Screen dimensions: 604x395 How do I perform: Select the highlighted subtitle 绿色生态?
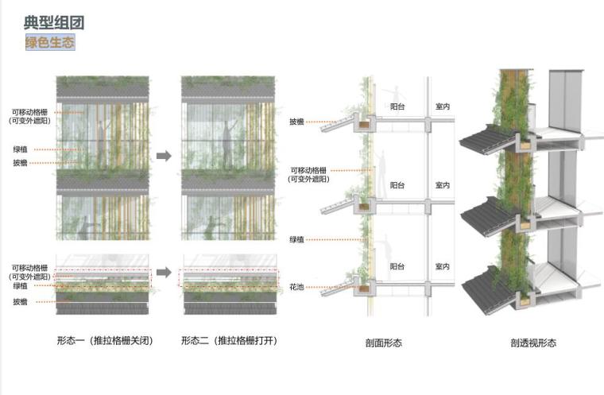[x=50, y=42]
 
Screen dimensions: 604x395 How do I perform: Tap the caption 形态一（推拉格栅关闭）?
[x=104, y=341]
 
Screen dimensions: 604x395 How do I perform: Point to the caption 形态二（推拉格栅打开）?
[x=229, y=341]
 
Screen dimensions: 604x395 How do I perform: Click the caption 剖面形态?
[x=384, y=343]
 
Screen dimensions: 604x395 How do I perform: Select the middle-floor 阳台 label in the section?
[x=397, y=185]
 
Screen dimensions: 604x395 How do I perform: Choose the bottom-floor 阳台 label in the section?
[x=397, y=266]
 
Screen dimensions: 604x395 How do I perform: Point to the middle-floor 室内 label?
[x=443, y=185]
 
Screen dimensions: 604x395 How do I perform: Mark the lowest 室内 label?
[x=443, y=266]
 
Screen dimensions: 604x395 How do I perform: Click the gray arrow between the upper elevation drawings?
[x=164, y=156]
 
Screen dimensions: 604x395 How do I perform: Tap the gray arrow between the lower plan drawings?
[x=164, y=273]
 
